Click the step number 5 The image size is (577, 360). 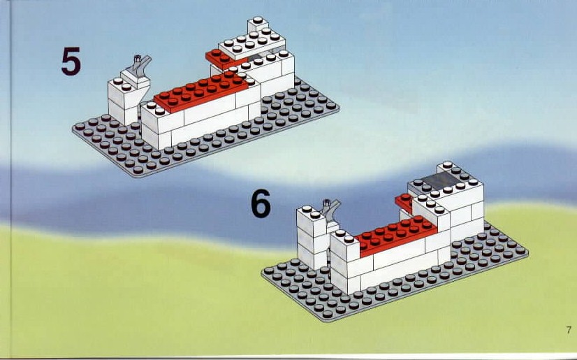(71, 61)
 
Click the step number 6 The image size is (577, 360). (261, 203)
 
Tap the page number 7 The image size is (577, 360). (569, 330)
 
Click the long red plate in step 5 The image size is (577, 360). (200, 91)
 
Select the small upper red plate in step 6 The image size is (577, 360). (404, 203)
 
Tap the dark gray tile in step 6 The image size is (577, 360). (441, 180)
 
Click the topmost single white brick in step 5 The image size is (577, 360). (258, 24)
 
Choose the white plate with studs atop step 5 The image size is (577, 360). (251, 43)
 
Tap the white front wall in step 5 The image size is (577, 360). (200, 122)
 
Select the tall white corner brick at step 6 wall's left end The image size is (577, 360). (344, 264)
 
